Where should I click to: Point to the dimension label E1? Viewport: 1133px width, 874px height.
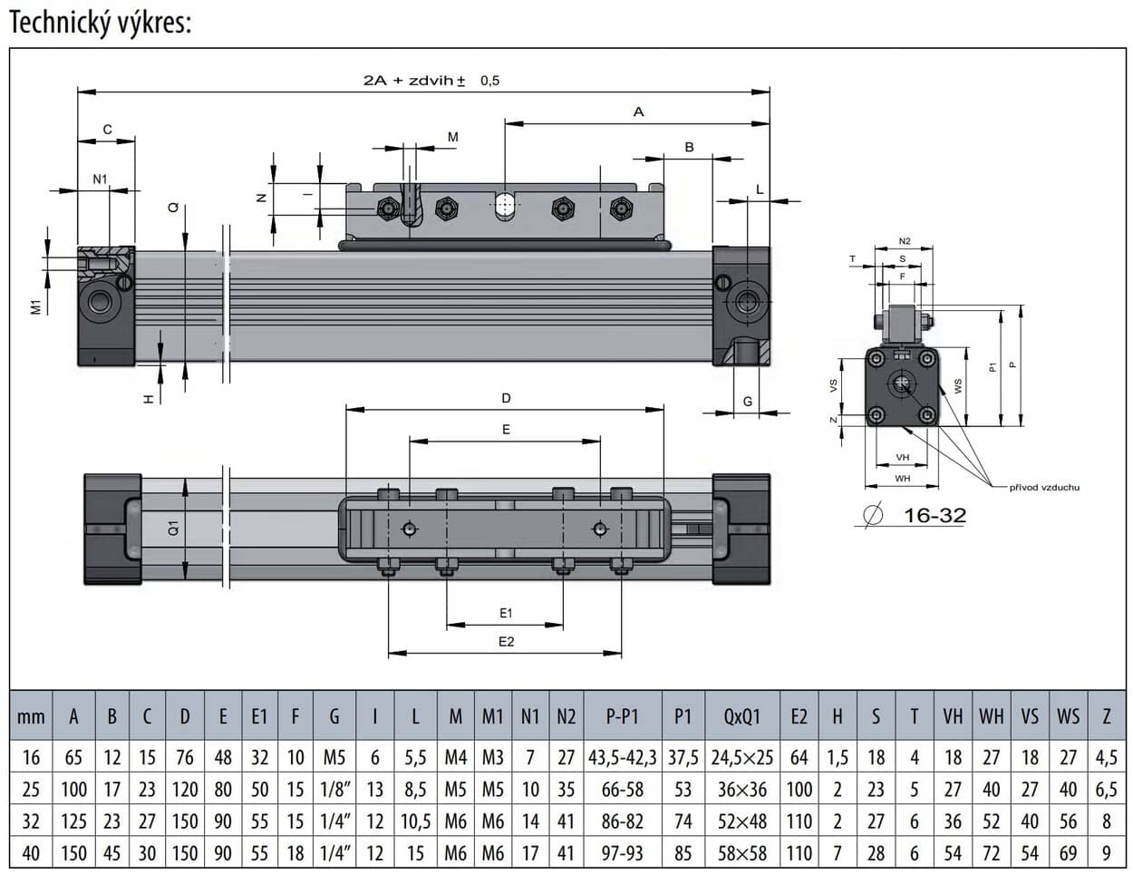click(x=506, y=614)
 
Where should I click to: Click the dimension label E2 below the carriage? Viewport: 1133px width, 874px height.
click(x=506, y=642)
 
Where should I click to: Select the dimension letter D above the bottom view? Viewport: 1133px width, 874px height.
click(x=506, y=398)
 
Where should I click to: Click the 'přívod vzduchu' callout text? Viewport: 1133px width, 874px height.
click(x=1044, y=488)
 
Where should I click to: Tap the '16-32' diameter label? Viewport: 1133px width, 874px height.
click(x=934, y=516)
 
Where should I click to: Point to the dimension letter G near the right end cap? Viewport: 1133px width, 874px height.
click(x=748, y=402)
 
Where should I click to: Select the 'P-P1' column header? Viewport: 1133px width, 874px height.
click(x=622, y=717)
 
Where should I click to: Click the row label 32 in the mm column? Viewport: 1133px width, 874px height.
click(x=31, y=821)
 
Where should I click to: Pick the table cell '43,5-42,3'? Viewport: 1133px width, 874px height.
click(x=622, y=757)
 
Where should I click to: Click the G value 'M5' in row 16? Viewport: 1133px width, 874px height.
click(x=334, y=757)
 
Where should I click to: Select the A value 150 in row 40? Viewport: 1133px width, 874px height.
click(x=73, y=853)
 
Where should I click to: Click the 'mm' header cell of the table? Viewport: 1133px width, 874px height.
click(x=31, y=717)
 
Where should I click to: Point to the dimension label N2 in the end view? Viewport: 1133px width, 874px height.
click(x=904, y=241)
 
